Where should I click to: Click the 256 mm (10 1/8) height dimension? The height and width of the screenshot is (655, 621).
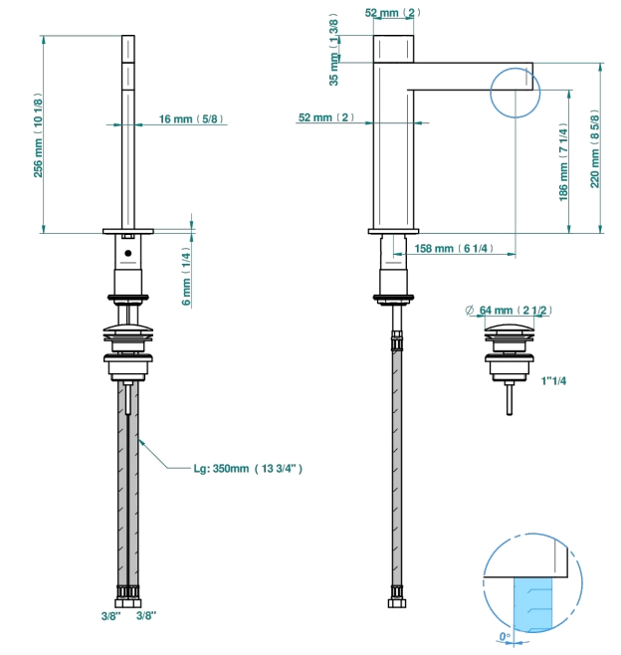click(38, 135)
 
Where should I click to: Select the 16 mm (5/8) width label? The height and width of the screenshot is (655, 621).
click(191, 119)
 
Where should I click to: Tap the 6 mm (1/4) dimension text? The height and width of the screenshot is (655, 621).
click(186, 276)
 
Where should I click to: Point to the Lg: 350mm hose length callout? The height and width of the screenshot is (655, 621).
click(248, 468)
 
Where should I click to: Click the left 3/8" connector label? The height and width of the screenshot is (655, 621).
click(111, 616)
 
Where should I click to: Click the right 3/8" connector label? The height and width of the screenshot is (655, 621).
click(146, 615)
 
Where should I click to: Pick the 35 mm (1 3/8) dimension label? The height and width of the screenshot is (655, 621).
click(334, 50)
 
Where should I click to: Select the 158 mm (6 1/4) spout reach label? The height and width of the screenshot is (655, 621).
click(454, 249)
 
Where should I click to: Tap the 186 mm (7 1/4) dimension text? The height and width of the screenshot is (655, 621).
click(563, 161)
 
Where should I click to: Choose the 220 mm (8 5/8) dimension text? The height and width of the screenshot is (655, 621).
click(595, 148)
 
